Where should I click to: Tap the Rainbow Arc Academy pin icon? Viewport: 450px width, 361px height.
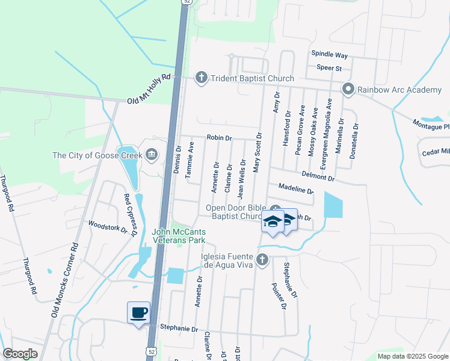[348, 90]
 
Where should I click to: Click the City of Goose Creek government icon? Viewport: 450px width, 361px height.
[151, 155]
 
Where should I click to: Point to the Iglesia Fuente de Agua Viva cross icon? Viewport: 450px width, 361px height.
[262, 260]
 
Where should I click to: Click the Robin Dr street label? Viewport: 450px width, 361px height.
[220, 138]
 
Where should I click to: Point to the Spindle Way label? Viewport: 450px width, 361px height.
[329, 54]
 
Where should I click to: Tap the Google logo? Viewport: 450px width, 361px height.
[20, 354]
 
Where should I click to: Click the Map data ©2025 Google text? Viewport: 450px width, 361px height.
[412, 356]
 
